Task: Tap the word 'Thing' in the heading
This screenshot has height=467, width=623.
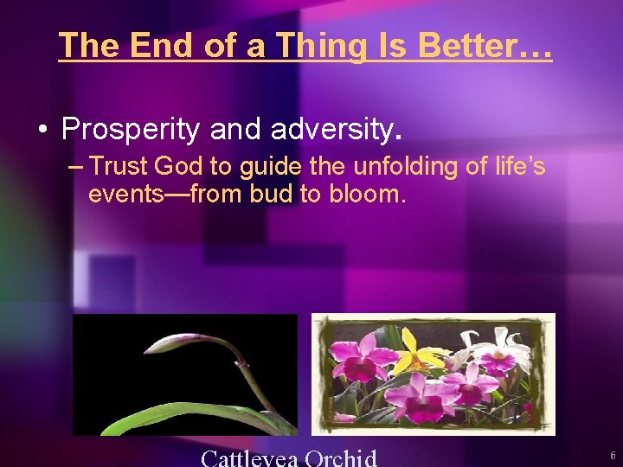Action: coord(317,46)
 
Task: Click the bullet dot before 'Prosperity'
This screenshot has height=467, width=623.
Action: coord(42,130)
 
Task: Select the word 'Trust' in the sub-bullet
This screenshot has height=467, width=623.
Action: coord(119,166)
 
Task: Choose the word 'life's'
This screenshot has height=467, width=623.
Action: coord(514,166)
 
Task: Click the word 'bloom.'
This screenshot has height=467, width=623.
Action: coord(366,195)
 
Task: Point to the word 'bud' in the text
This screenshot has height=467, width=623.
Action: coord(270,195)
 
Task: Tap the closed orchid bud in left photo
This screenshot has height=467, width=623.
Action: coord(177,343)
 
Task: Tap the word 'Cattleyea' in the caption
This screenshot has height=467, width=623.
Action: coord(248,457)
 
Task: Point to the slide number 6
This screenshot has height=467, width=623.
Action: coord(612,455)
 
